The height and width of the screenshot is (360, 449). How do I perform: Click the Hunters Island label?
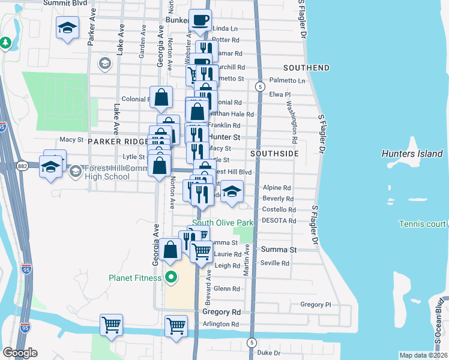click(413, 154)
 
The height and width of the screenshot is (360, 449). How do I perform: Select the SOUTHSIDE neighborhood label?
click(274, 154)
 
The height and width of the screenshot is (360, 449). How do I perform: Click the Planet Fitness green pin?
click(170, 277)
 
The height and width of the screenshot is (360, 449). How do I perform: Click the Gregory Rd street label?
click(221, 312)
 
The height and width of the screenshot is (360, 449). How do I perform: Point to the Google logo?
click(20, 353)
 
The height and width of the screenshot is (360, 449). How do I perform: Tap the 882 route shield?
click(22, 165)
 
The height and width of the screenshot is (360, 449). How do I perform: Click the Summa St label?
click(278, 249)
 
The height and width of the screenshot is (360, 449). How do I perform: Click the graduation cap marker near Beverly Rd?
click(231, 192)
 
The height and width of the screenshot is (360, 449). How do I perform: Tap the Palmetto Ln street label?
click(287, 80)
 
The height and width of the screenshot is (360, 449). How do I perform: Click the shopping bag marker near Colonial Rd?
click(161, 97)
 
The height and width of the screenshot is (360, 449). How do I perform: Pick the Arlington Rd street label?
click(220, 325)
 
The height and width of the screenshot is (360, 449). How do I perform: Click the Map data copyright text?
click(424, 355)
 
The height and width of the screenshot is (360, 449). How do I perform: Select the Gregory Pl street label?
click(316, 305)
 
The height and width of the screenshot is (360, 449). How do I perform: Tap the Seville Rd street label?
click(275, 263)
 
